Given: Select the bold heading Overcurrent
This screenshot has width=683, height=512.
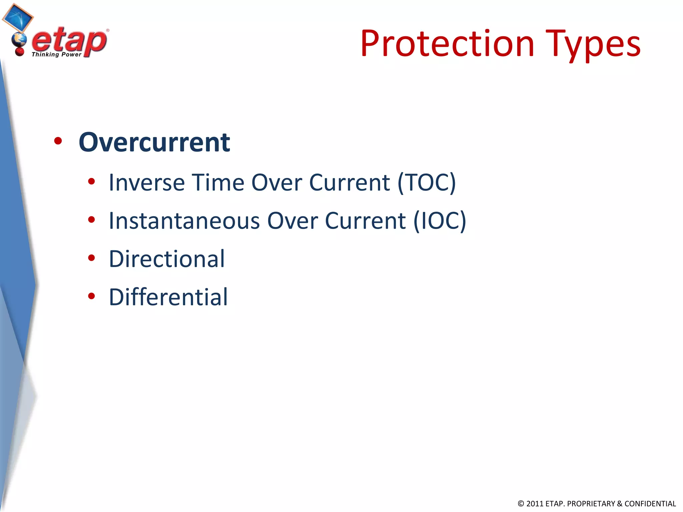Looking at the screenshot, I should click(x=154, y=142).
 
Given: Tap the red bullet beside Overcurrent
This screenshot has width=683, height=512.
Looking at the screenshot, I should click(x=58, y=141).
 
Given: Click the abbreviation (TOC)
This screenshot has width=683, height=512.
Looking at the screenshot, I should click(x=427, y=183).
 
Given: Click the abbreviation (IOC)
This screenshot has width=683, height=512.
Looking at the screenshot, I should click(x=440, y=221).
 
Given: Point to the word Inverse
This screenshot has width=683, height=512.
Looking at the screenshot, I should click(x=147, y=183).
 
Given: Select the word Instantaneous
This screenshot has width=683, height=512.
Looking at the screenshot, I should click(x=184, y=221).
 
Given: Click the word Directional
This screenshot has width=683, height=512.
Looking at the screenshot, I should click(x=167, y=259).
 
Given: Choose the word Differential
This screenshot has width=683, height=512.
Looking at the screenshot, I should click(x=168, y=297).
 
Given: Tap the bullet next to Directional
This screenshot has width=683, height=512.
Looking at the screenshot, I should click(x=91, y=258).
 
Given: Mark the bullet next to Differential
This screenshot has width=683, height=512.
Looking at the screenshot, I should click(x=91, y=296).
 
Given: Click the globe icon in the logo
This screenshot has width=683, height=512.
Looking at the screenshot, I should click(x=19, y=40).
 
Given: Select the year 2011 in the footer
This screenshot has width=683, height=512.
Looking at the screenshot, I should click(x=535, y=504).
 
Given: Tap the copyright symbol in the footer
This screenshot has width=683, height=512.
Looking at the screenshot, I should click(x=521, y=504).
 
